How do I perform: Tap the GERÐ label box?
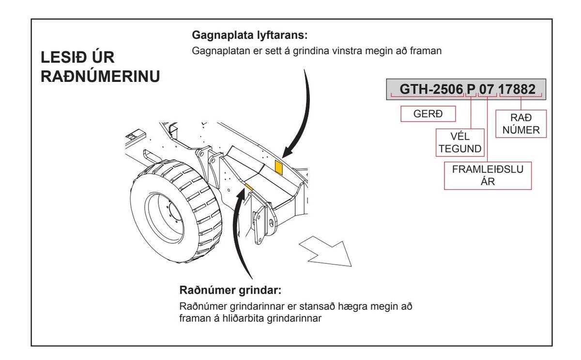(x=422, y=113)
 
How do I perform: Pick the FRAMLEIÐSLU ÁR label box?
(x=487, y=175)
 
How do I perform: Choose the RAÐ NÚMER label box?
(x=521, y=123)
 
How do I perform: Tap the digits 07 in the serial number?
(x=487, y=89)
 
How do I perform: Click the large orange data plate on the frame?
(x=279, y=165)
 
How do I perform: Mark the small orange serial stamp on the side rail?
(x=249, y=186)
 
